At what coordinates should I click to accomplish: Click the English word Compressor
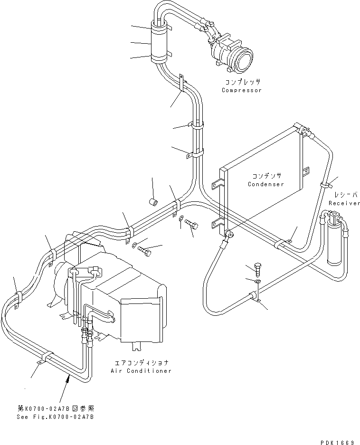click(x=241, y=90)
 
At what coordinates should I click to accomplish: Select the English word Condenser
click(x=265, y=184)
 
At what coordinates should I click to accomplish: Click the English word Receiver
click(x=344, y=203)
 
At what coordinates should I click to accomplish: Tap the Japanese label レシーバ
click(x=344, y=195)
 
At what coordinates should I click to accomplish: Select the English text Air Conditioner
click(x=141, y=371)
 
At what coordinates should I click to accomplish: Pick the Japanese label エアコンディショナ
click(x=141, y=363)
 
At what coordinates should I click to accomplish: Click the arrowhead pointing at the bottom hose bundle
click(x=69, y=377)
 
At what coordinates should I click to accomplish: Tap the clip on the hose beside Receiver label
click(x=326, y=183)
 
